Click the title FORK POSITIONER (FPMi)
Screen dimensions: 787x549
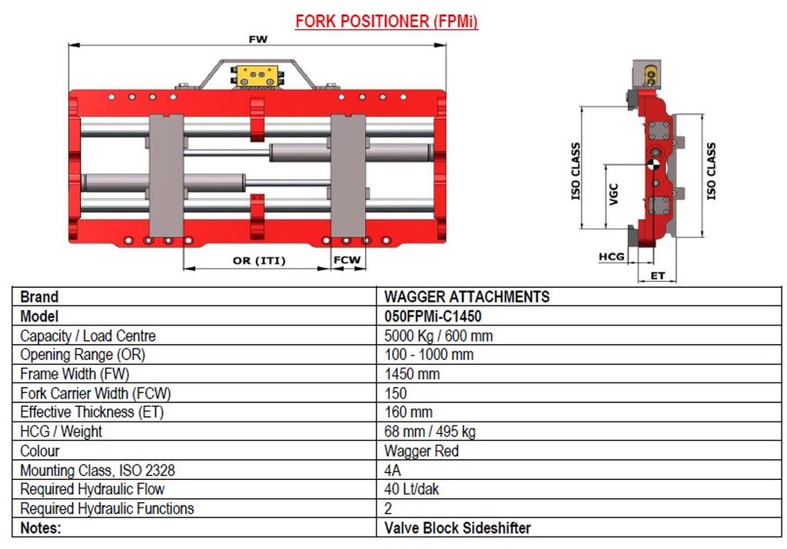(387, 21)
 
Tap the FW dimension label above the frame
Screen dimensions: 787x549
(258, 39)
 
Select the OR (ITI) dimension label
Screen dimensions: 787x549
(259, 261)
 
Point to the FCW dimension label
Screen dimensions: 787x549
(347, 260)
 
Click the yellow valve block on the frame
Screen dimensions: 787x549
(257, 76)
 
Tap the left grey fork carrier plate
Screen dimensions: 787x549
(166, 176)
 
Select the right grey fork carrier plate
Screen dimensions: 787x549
(348, 176)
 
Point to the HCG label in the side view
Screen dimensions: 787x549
(611, 256)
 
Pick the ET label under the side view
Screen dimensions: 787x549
(658, 276)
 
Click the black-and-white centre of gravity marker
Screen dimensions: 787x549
(653, 164)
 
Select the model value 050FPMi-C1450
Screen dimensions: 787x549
(433, 316)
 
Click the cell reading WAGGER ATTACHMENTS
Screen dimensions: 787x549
(467, 297)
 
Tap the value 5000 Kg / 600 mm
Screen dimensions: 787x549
(438, 336)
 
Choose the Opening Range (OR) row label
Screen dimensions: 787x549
(83, 355)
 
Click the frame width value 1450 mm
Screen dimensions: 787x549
(412, 374)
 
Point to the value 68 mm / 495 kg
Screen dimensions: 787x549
(430, 432)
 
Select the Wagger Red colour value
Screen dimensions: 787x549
(422, 451)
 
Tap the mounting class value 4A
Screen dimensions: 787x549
(393, 470)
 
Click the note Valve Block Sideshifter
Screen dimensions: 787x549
(457, 528)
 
